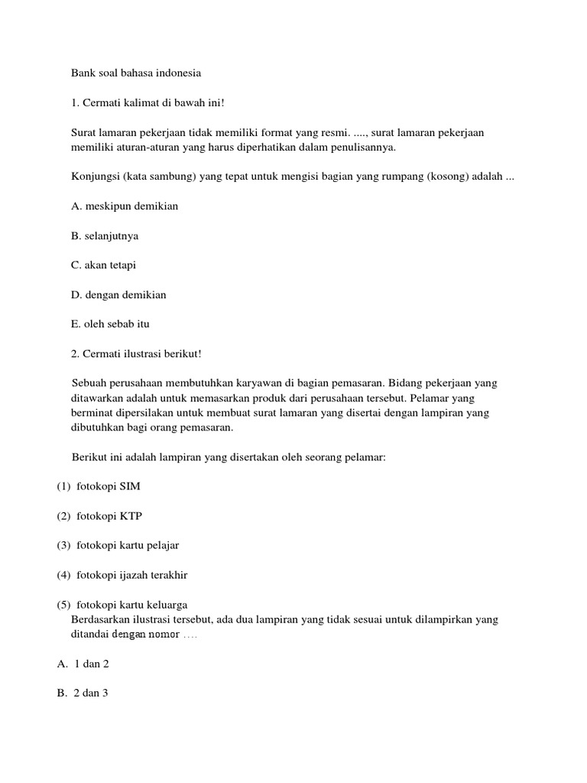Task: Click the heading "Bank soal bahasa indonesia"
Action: click(x=136, y=74)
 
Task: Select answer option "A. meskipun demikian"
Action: click(x=125, y=206)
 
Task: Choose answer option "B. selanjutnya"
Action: click(x=105, y=236)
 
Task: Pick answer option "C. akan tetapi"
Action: click(x=104, y=265)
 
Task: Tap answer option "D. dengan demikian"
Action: click(x=118, y=294)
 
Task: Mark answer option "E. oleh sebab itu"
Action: click(x=110, y=324)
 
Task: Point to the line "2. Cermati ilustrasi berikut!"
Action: click(x=136, y=353)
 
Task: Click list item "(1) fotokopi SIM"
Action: click(x=99, y=486)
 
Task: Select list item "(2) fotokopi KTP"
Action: click(x=99, y=516)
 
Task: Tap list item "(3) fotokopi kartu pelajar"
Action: click(x=118, y=545)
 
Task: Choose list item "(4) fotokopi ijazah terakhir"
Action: click(x=122, y=575)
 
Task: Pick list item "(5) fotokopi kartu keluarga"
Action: click(x=122, y=605)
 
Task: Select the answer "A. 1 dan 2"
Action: click(x=83, y=664)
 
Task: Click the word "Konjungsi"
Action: click(x=93, y=177)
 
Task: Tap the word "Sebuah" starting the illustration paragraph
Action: click(x=88, y=383)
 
